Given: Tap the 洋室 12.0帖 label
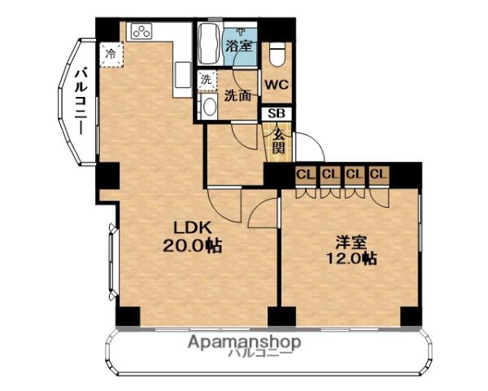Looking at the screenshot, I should (x=355, y=250).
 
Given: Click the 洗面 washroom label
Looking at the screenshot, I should (x=238, y=95).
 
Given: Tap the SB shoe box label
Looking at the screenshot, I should (x=277, y=115).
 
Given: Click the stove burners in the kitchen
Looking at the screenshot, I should (x=141, y=32).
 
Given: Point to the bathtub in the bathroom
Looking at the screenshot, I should (x=207, y=45).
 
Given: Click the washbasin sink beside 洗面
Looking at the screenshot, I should (x=207, y=107).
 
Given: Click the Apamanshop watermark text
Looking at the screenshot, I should (x=243, y=341).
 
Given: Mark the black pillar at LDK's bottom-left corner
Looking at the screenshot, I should (x=128, y=317).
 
